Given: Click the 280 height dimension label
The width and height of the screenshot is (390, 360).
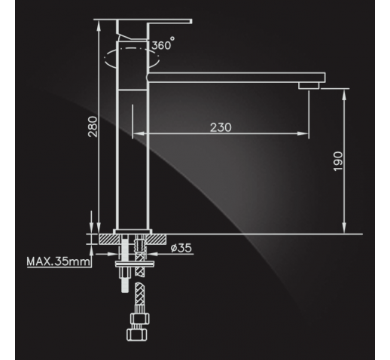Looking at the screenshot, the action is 93,127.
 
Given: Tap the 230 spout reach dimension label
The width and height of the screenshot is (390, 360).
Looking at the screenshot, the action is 221,127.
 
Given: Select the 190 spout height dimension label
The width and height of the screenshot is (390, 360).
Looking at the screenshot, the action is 338,161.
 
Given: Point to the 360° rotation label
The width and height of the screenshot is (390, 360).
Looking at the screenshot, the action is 163,44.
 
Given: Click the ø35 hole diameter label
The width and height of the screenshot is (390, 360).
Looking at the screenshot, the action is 181,248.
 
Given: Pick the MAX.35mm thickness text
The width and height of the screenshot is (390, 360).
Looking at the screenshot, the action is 58,261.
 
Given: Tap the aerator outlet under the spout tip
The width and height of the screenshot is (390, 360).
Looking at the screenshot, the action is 309,86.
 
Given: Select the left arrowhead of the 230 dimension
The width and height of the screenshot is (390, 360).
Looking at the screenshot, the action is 139,133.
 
